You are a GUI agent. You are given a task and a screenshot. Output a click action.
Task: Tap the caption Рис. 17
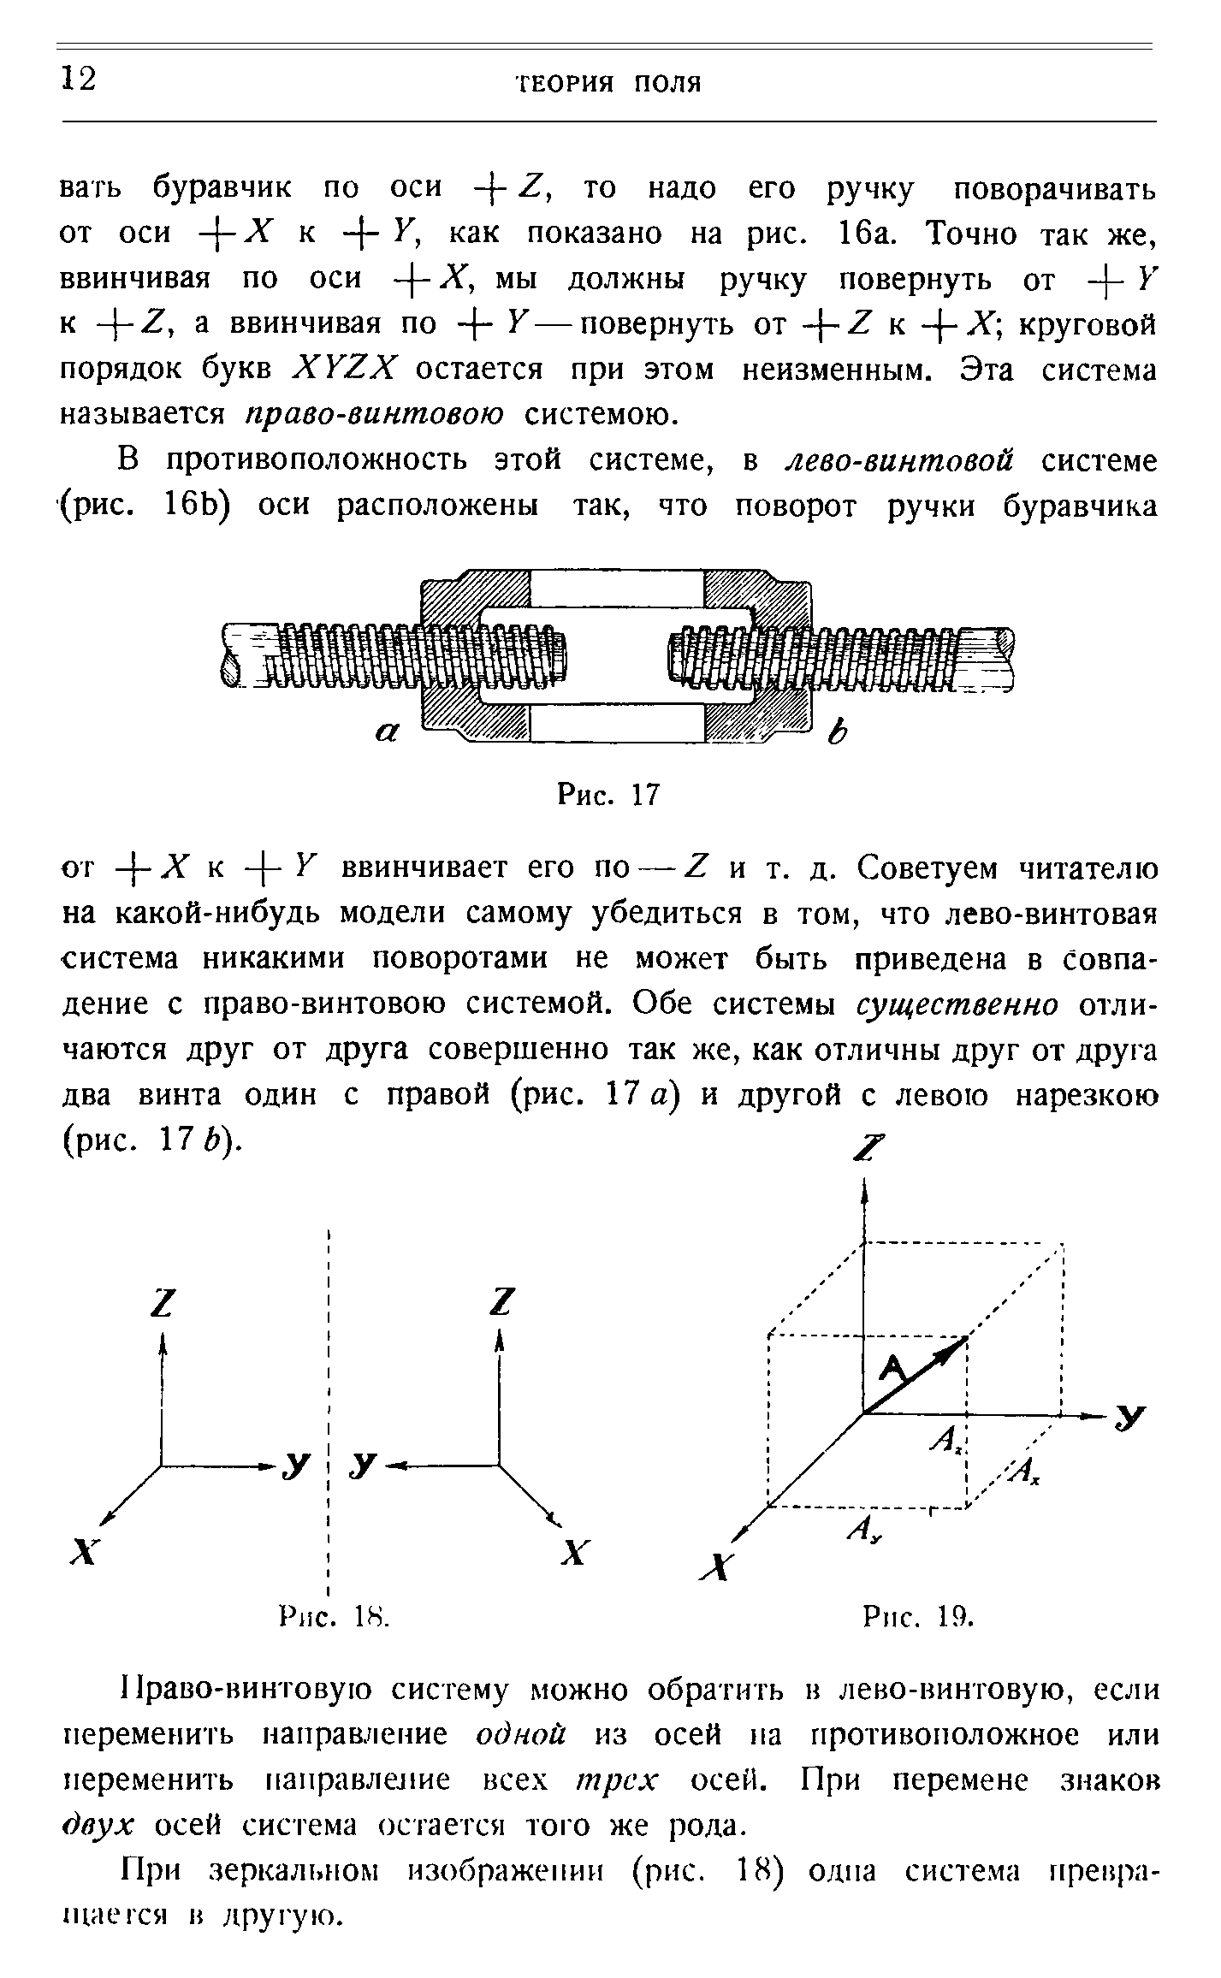[x=608, y=796]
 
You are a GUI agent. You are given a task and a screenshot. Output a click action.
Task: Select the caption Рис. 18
[x=335, y=1617]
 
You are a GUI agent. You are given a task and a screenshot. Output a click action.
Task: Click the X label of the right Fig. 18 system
[x=576, y=1549]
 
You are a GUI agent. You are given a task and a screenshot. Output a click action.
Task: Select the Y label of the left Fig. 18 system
[x=296, y=1467]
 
